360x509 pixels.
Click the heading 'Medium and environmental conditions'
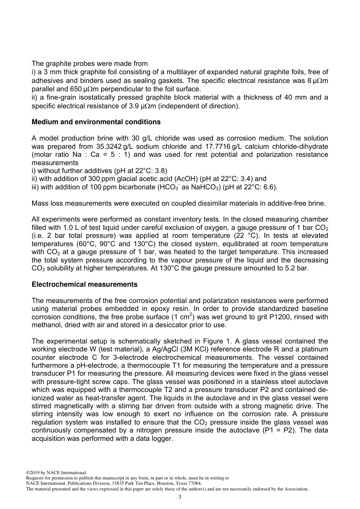tap(96, 122)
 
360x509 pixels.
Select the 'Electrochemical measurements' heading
tap(85, 284)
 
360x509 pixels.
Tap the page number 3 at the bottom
tap(180, 497)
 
